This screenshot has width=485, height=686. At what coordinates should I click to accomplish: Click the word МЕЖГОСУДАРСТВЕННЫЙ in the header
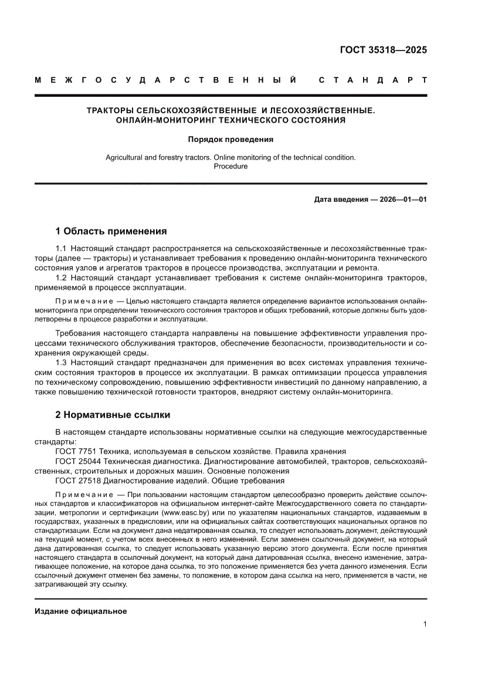[x=165, y=80]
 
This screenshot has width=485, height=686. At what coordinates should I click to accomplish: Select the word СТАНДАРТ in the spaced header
[x=372, y=80]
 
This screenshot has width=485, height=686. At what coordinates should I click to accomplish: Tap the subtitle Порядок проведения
[x=230, y=140]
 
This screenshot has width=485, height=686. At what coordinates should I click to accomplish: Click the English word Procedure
[x=230, y=166]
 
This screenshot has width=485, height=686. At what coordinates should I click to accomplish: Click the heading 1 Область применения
[x=111, y=231]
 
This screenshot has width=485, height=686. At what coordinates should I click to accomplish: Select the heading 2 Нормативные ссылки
[x=113, y=415]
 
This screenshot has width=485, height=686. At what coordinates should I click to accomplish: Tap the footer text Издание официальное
[x=81, y=611]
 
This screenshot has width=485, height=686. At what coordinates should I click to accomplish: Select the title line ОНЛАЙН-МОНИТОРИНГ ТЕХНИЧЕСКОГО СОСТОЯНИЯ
[x=230, y=120]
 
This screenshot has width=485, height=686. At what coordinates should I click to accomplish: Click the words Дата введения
[x=339, y=200]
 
